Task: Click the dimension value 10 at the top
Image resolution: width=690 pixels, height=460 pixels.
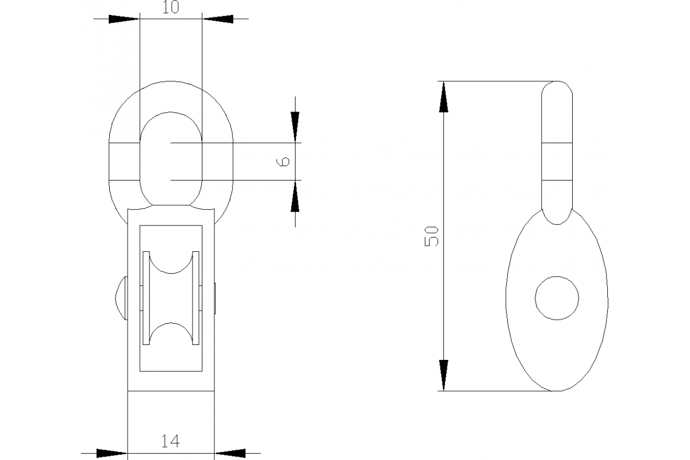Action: coord(171,7)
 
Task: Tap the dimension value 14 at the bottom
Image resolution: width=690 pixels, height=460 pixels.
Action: coord(170,442)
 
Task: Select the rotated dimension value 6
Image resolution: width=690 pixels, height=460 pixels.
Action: coord(282,162)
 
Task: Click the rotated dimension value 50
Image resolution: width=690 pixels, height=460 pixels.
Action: coord(432,236)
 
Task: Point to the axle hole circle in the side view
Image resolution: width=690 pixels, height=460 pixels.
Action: coord(557,297)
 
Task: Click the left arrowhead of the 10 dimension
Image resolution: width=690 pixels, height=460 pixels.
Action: coord(124,19)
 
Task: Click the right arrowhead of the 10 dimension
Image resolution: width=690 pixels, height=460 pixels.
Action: coord(218,19)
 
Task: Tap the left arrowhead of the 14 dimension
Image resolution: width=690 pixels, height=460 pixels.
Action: coord(111,453)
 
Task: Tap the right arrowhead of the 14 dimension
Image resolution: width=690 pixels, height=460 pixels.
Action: coord(229,453)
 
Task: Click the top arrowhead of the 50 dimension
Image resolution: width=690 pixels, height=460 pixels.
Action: coord(443,97)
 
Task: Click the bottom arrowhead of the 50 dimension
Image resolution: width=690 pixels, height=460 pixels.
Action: coord(443,375)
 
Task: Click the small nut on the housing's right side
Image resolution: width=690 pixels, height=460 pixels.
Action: coord(215,297)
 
